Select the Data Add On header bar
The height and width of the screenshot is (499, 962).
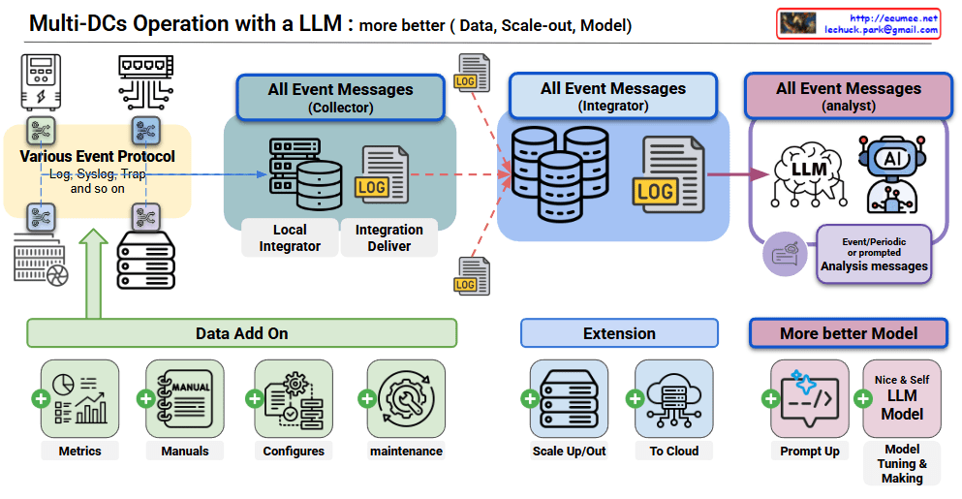tap(241, 333)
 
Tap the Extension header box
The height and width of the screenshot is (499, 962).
tap(619, 333)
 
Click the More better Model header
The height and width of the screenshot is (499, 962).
tap(849, 333)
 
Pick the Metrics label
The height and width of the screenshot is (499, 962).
tap(79, 452)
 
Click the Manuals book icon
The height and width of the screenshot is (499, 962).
tap(185, 398)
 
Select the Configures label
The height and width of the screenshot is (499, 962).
tap(294, 452)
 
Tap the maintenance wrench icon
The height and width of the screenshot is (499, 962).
tap(407, 398)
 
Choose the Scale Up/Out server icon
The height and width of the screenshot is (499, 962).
tap(568, 398)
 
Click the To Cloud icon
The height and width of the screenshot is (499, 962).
tap(674, 398)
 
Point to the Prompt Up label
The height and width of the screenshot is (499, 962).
tap(809, 452)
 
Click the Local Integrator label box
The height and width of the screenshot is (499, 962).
tap(289, 238)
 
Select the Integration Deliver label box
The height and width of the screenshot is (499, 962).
tap(389, 238)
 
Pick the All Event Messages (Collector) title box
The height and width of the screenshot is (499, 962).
tap(340, 97)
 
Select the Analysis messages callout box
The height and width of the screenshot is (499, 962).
tap(874, 254)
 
